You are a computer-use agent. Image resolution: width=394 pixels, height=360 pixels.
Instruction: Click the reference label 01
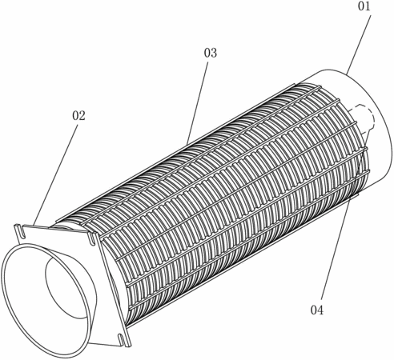364,6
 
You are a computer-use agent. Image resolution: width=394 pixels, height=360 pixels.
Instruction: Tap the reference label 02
78,116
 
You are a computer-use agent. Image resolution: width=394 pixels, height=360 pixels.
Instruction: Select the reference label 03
211,53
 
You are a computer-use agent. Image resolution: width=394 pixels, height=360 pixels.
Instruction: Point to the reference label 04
317,310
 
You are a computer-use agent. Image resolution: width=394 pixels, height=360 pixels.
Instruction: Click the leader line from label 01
359,44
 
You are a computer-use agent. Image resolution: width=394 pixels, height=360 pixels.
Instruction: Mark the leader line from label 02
56,175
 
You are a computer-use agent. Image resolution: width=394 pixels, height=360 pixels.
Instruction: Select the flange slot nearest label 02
20,230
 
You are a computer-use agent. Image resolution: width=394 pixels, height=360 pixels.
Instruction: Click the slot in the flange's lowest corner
123,341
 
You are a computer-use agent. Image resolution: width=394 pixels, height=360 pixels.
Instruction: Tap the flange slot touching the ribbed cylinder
91,238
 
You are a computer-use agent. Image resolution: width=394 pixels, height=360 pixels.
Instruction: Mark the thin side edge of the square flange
114,290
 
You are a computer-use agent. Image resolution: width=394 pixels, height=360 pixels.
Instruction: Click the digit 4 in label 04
320,310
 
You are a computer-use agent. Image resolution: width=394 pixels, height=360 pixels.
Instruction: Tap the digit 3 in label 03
214,53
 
